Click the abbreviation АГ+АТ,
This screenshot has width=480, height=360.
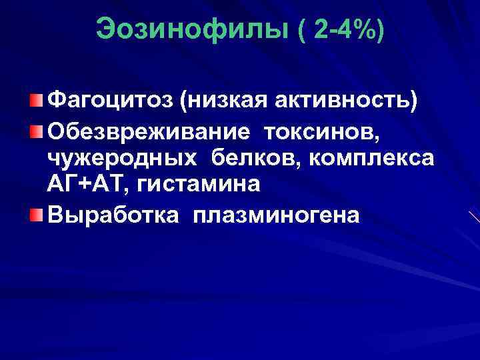[x=87, y=185]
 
